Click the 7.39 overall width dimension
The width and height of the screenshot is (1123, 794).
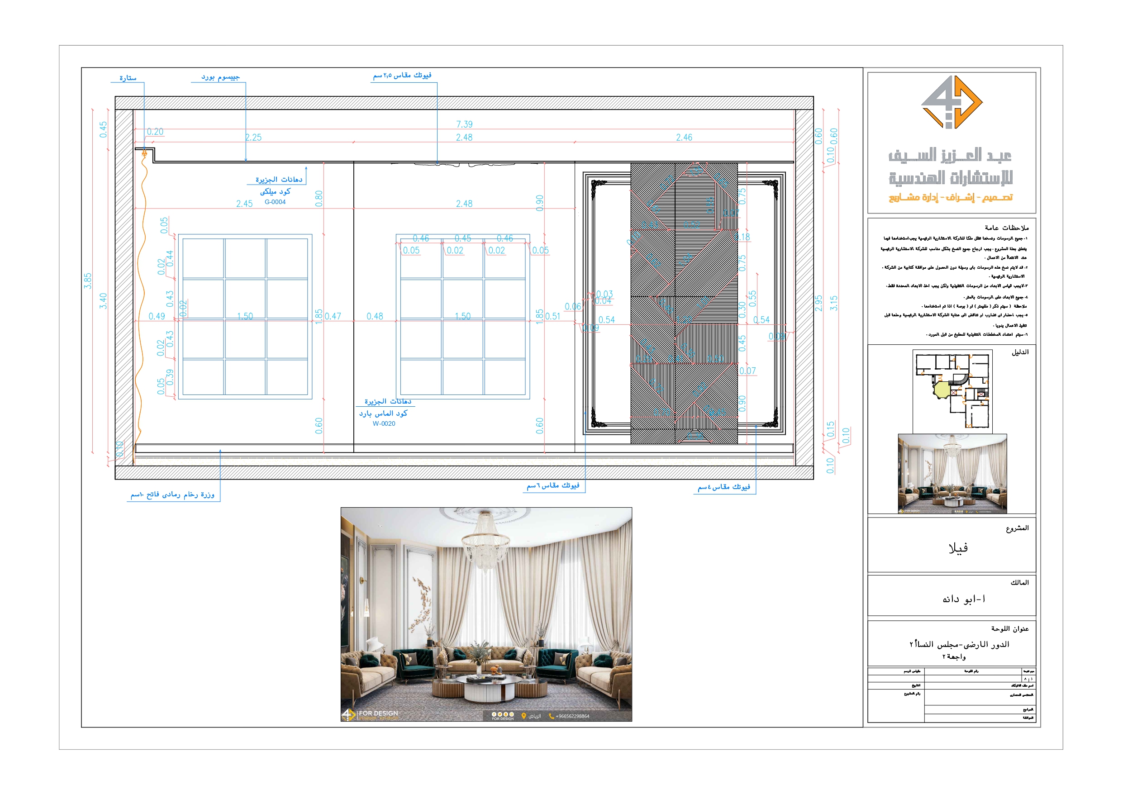tap(464, 124)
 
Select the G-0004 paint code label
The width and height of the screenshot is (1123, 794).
tap(275, 202)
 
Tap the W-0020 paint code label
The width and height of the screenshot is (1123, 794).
tap(384, 423)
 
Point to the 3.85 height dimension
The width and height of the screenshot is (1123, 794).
tap(88, 281)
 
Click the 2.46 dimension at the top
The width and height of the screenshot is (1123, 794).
tap(684, 138)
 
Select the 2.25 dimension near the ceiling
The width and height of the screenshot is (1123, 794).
tap(253, 138)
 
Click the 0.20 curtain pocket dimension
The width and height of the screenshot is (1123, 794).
tap(155, 132)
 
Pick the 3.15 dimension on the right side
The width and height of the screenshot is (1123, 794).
tap(834, 303)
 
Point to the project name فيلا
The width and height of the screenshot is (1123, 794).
tap(958, 548)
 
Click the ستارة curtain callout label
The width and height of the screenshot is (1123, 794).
tap(128, 78)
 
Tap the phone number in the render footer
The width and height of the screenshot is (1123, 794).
tap(572, 716)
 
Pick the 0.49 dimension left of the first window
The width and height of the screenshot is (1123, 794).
tap(157, 317)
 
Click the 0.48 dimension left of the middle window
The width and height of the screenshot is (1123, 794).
tap(375, 317)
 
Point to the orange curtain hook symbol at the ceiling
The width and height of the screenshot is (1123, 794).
tap(144, 154)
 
